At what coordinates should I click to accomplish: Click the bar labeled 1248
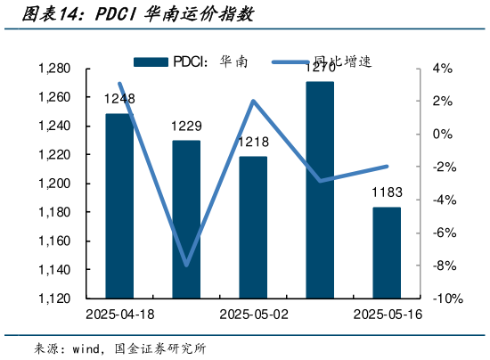119,205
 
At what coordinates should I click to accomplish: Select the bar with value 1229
186,218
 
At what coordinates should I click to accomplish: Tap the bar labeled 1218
253,226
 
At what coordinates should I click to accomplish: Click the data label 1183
387,193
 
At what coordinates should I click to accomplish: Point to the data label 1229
186,127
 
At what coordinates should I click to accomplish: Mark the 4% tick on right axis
443,69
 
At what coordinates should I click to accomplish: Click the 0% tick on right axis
443,135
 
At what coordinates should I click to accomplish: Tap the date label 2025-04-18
119,315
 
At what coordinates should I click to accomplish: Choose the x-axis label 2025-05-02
253,315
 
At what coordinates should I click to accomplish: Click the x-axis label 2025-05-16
387,315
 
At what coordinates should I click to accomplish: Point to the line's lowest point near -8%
186,265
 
